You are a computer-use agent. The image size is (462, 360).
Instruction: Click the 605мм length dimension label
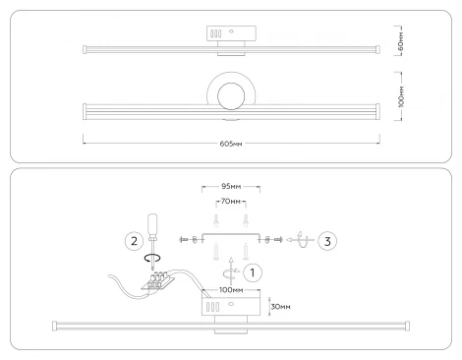[231, 144]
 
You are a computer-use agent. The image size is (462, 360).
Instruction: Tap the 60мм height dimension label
[400, 41]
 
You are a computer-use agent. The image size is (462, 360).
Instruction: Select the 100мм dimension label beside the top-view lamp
[401, 96]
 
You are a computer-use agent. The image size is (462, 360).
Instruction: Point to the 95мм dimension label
[231, 187]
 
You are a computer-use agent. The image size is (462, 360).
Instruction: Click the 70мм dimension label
[231, 202]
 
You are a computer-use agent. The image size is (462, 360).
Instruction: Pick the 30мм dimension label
[281, 307]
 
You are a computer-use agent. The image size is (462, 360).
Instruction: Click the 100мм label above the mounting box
[231, 290]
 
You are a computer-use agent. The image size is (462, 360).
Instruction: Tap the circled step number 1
[253, 272]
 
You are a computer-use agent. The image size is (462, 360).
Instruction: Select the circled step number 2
[134, 241]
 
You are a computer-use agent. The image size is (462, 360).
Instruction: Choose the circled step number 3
[327, 241]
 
